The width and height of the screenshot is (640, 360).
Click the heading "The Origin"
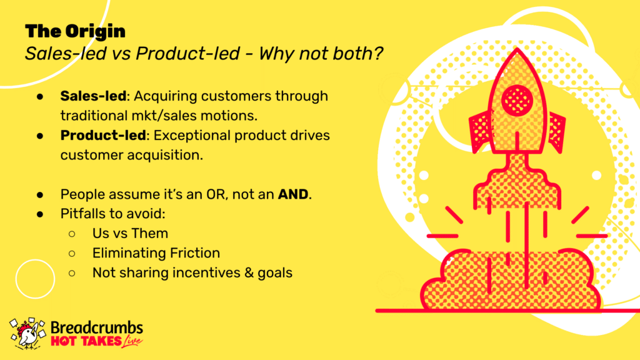pyautogui.click(x=75, y=32)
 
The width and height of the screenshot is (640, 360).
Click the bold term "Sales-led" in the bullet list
pyautogui.click(x=93, y=96)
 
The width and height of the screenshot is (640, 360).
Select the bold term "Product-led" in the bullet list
pyautogui.click(x=103, y=135)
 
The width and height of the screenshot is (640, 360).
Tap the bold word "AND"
pyautogui.click(x=292, y=194)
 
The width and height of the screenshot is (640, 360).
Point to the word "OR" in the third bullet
pyautogui.click(x=216, y=194)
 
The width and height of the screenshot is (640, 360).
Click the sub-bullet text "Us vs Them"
pyautogui.click(x=130, y=234)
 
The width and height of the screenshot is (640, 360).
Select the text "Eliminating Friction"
pyautogui.click(x=156, y=253)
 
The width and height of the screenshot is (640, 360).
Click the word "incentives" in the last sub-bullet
pyautogui.click(x=206, y=272)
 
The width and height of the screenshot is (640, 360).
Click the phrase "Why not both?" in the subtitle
pyautogui.click(x=321, y=54)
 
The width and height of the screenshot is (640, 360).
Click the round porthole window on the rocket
pyautogui.click(x=517, y=101)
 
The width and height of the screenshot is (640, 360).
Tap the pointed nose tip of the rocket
pyautogui.click(x=517, y=49)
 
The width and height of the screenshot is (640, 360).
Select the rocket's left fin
pyautogui.click(x=481, y=131)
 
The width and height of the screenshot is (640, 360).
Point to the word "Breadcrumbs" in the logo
pyautogui.click(x=97, y=327)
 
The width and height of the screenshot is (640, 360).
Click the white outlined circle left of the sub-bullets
pyautogui.click(x=35, y=259)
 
